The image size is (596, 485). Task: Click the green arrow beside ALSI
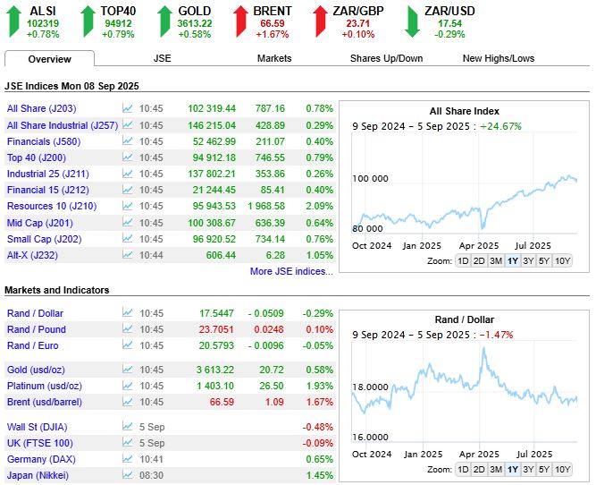click(14, 21)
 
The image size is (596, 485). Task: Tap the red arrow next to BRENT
click(240, 21)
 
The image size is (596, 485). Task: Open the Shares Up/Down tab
click(386, 58)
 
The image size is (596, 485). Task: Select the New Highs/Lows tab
click(499, 58)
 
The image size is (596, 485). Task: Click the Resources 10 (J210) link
click(52, 206)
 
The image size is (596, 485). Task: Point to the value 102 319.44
click(212, 108)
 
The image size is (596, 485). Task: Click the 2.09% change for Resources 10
click(319, 206)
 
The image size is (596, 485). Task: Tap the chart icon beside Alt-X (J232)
click(128, 255)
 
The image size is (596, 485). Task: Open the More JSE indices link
click(291, 271)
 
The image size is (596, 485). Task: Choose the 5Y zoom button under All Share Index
click(544, 260)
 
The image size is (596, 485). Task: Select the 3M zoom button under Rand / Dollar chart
click(496, 470)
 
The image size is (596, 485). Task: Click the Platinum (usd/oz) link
click(45, 386)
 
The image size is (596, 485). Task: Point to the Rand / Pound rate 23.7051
click(216, 329)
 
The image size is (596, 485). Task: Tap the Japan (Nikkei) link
click(38, 475)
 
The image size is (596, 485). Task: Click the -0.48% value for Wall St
click(318, 427)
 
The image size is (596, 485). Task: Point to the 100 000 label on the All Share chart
click(370, 179)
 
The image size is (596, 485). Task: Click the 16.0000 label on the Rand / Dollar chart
click(370, 437)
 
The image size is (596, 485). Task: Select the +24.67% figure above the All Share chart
click(501, 126)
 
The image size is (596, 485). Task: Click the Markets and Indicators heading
click(57, 290)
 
